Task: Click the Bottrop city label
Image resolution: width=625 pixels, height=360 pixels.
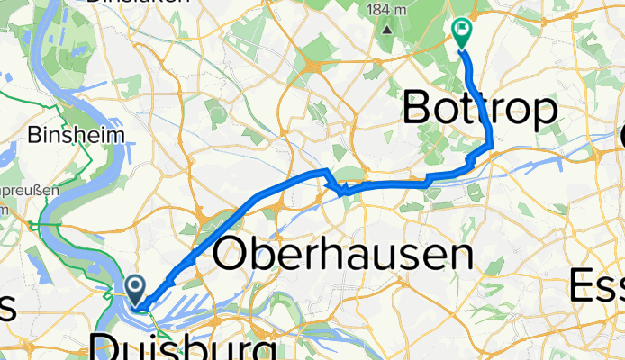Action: pos(479,110)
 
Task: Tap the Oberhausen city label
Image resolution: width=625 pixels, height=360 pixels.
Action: pos(344,256)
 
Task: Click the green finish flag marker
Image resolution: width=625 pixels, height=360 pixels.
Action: pos(461,33)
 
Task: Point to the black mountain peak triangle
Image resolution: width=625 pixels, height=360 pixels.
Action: pos(387,29)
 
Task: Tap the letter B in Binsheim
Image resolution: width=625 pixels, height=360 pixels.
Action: pos(34,137)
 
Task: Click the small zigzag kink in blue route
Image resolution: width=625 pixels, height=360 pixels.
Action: pos(340,187)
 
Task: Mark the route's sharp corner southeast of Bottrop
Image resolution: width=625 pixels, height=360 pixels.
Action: pos(491,143)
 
